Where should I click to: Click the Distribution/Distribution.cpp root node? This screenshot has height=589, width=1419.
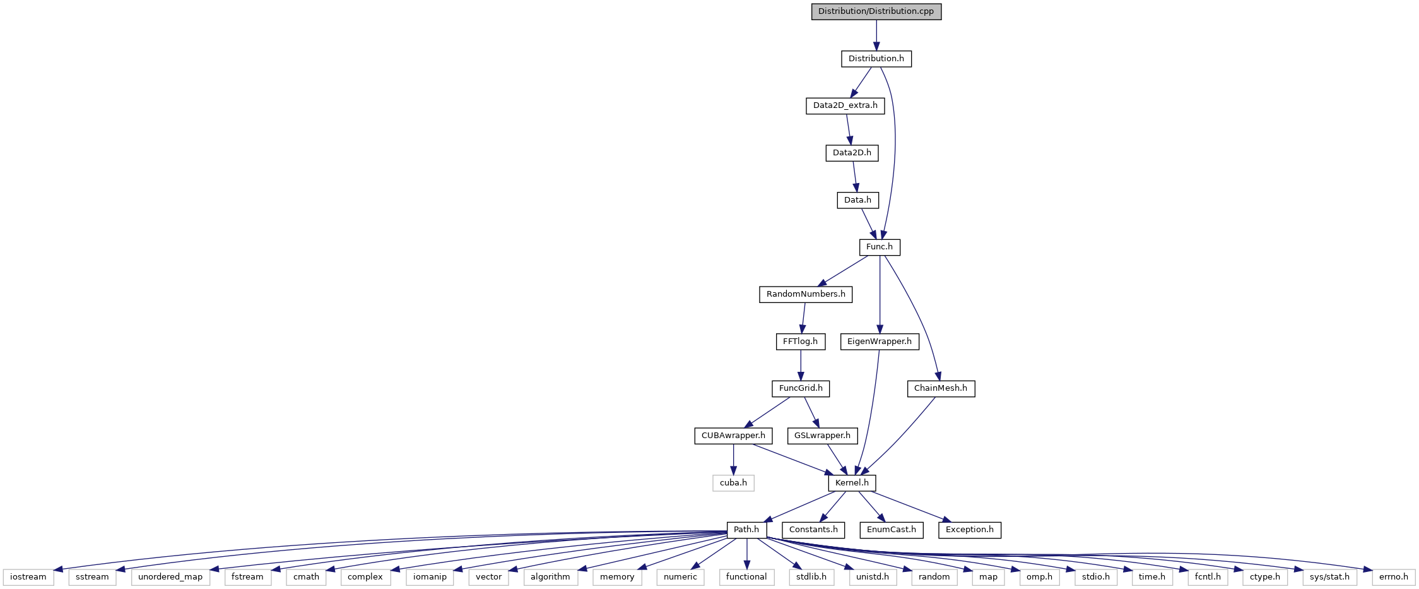click(x=876, y=11)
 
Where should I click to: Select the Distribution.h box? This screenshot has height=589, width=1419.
click(x=876, y=59)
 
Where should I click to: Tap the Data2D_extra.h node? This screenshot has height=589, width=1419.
click(x=845, y=105)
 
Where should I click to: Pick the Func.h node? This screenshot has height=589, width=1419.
click(x=880, y=247)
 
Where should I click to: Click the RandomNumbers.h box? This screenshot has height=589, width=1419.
click(x=806, y=294)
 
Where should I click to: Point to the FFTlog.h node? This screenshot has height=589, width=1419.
click(x=800, y=342)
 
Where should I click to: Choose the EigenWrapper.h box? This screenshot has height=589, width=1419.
click(x=880, y=342)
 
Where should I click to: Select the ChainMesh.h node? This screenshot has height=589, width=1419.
click(x=941, y=388)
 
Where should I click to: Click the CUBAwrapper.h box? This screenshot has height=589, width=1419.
click(x=733, y=436)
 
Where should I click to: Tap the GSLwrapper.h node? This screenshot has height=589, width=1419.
click(x=822, y=436)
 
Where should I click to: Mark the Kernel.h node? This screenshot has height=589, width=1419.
click(x=852, y=483)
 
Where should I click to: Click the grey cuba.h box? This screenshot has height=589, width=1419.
click(x=733, y=483)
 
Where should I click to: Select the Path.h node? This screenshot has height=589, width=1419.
click(x=746, y=530)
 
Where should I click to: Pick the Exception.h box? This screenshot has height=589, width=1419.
click(x=970, y=530)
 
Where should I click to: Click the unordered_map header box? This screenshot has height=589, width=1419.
click(x=170, y=577)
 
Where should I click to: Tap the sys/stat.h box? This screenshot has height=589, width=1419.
click(x=1329, y=577)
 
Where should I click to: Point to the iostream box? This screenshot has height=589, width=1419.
click(x=28, y=577)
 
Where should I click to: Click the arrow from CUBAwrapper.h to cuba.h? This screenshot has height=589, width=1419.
click(x=733, y=460)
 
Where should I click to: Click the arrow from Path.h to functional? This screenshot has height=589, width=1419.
click(x=746, y=554)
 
